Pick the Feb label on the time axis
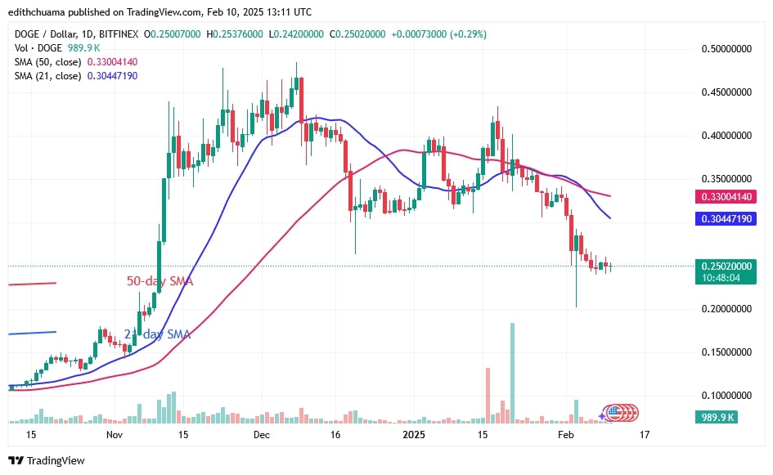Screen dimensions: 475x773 point(566,434)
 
